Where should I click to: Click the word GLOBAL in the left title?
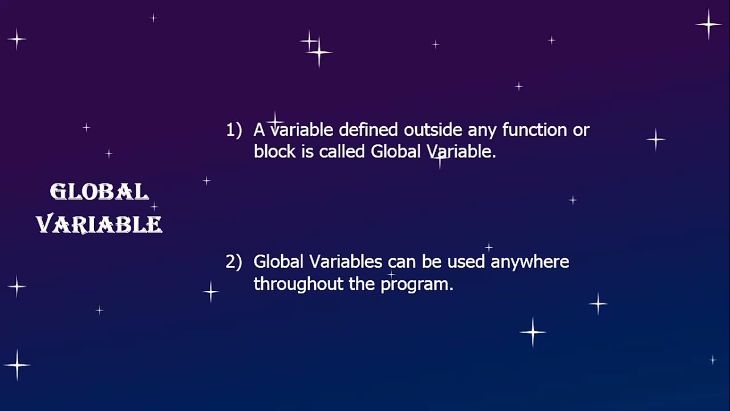[99, 192]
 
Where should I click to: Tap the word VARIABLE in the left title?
[99, 224]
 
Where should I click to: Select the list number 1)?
[234, 130]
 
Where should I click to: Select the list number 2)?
[234, 262]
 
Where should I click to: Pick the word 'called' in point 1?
[343, 152]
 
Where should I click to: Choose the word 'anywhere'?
[530, 262]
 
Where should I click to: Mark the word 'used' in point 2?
[466, 262]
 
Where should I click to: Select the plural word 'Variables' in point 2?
[346, 262]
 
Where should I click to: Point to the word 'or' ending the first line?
[581, 130]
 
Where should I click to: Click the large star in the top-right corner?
[708, 25]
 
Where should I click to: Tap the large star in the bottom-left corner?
[17, 364]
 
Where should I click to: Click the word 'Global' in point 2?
[278, 262]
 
